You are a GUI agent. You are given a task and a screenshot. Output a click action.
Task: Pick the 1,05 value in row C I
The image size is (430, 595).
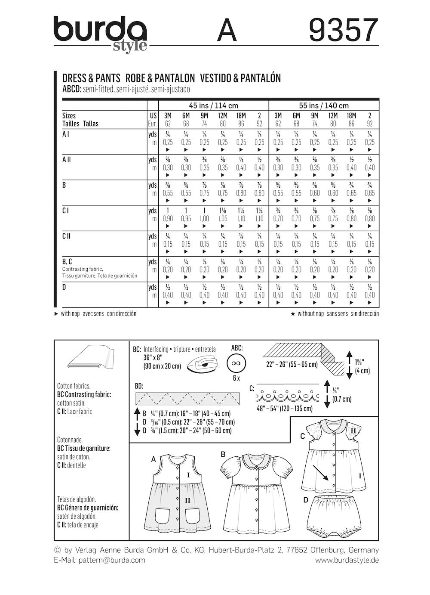coord(222,219)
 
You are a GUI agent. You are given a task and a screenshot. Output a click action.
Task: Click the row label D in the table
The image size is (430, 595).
coord(64,287)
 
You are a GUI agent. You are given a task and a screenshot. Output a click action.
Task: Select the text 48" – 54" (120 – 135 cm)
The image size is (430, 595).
coord(284,408)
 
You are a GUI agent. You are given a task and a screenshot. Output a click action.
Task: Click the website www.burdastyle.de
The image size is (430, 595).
coord(347,560)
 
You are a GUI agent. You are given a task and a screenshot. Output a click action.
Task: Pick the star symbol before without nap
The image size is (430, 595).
coord(292,314)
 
